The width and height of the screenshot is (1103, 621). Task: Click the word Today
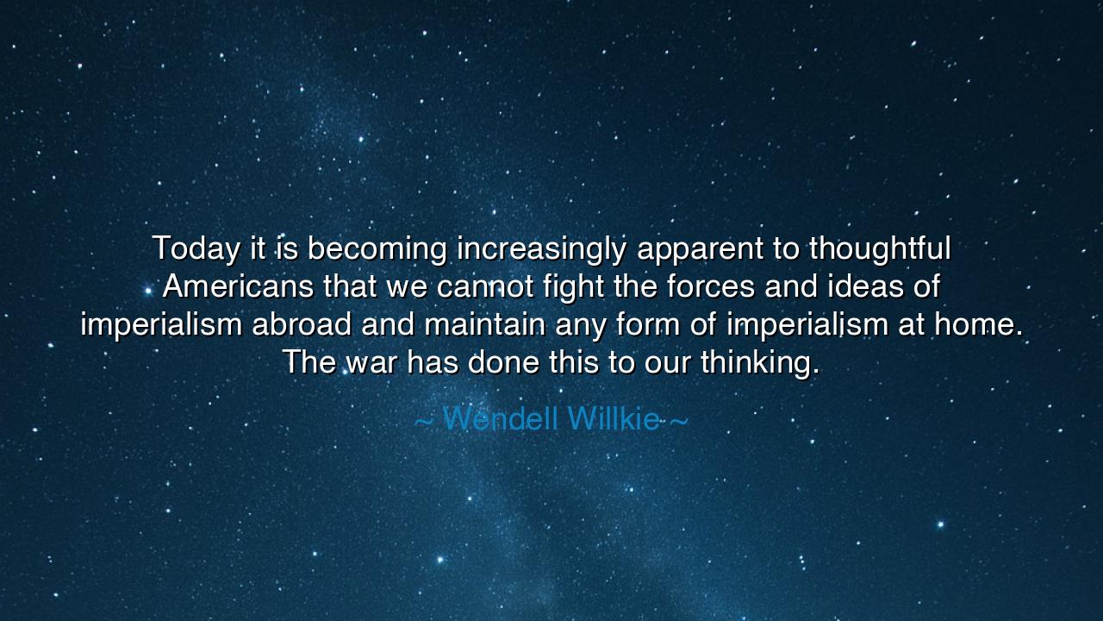pos(196,249)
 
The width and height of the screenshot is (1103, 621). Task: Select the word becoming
pos(377,249)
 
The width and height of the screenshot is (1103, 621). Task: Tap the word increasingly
pos(541,249)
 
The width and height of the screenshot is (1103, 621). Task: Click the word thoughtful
pos(880,249)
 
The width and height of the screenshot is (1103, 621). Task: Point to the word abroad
pos(302,324)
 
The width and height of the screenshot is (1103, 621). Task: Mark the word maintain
pos(484,324)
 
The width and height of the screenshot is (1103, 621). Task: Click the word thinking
pos(759,362)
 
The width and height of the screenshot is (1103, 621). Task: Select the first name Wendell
pos(501,420)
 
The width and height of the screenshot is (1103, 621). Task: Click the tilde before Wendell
pos(424,422)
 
